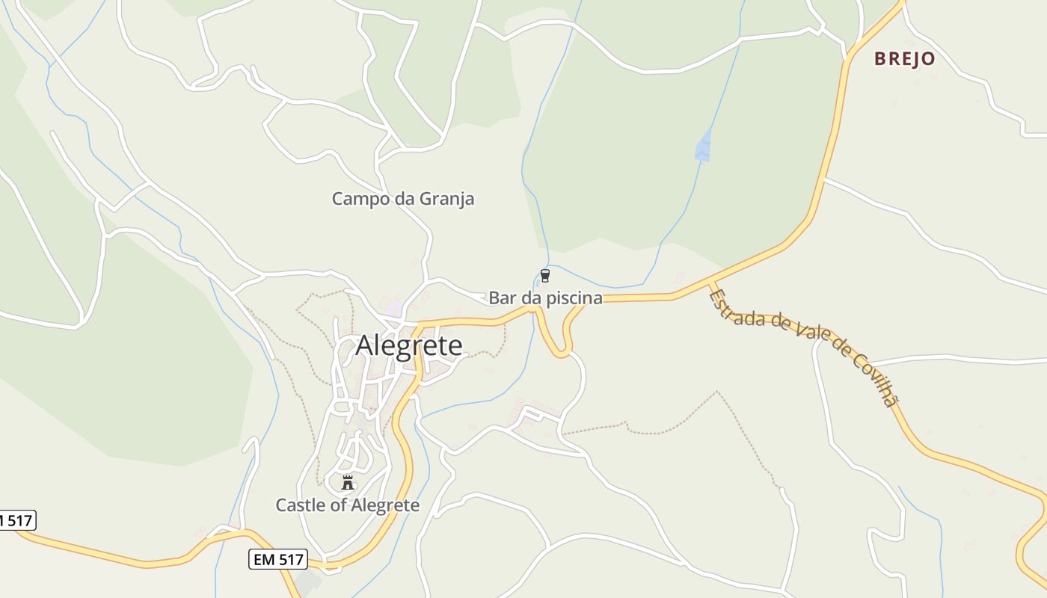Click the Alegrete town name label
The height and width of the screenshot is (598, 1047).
(409, 345)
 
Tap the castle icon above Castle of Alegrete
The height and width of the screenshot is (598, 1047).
(347, 482)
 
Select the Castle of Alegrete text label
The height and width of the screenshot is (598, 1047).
(348, 505)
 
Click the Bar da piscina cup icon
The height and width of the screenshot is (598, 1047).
(545, 276)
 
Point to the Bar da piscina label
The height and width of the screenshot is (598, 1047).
(545, 298)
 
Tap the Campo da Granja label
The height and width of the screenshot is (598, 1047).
(402, 199)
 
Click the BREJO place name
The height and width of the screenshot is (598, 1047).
(905, 59)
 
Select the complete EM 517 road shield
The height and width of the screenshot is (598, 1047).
(278, 559)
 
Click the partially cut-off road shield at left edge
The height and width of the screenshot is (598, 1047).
(16, 520)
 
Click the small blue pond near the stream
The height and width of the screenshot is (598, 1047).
(703, 146)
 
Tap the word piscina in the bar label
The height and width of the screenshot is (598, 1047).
(572, 298)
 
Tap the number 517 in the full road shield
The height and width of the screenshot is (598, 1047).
(289, 559)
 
